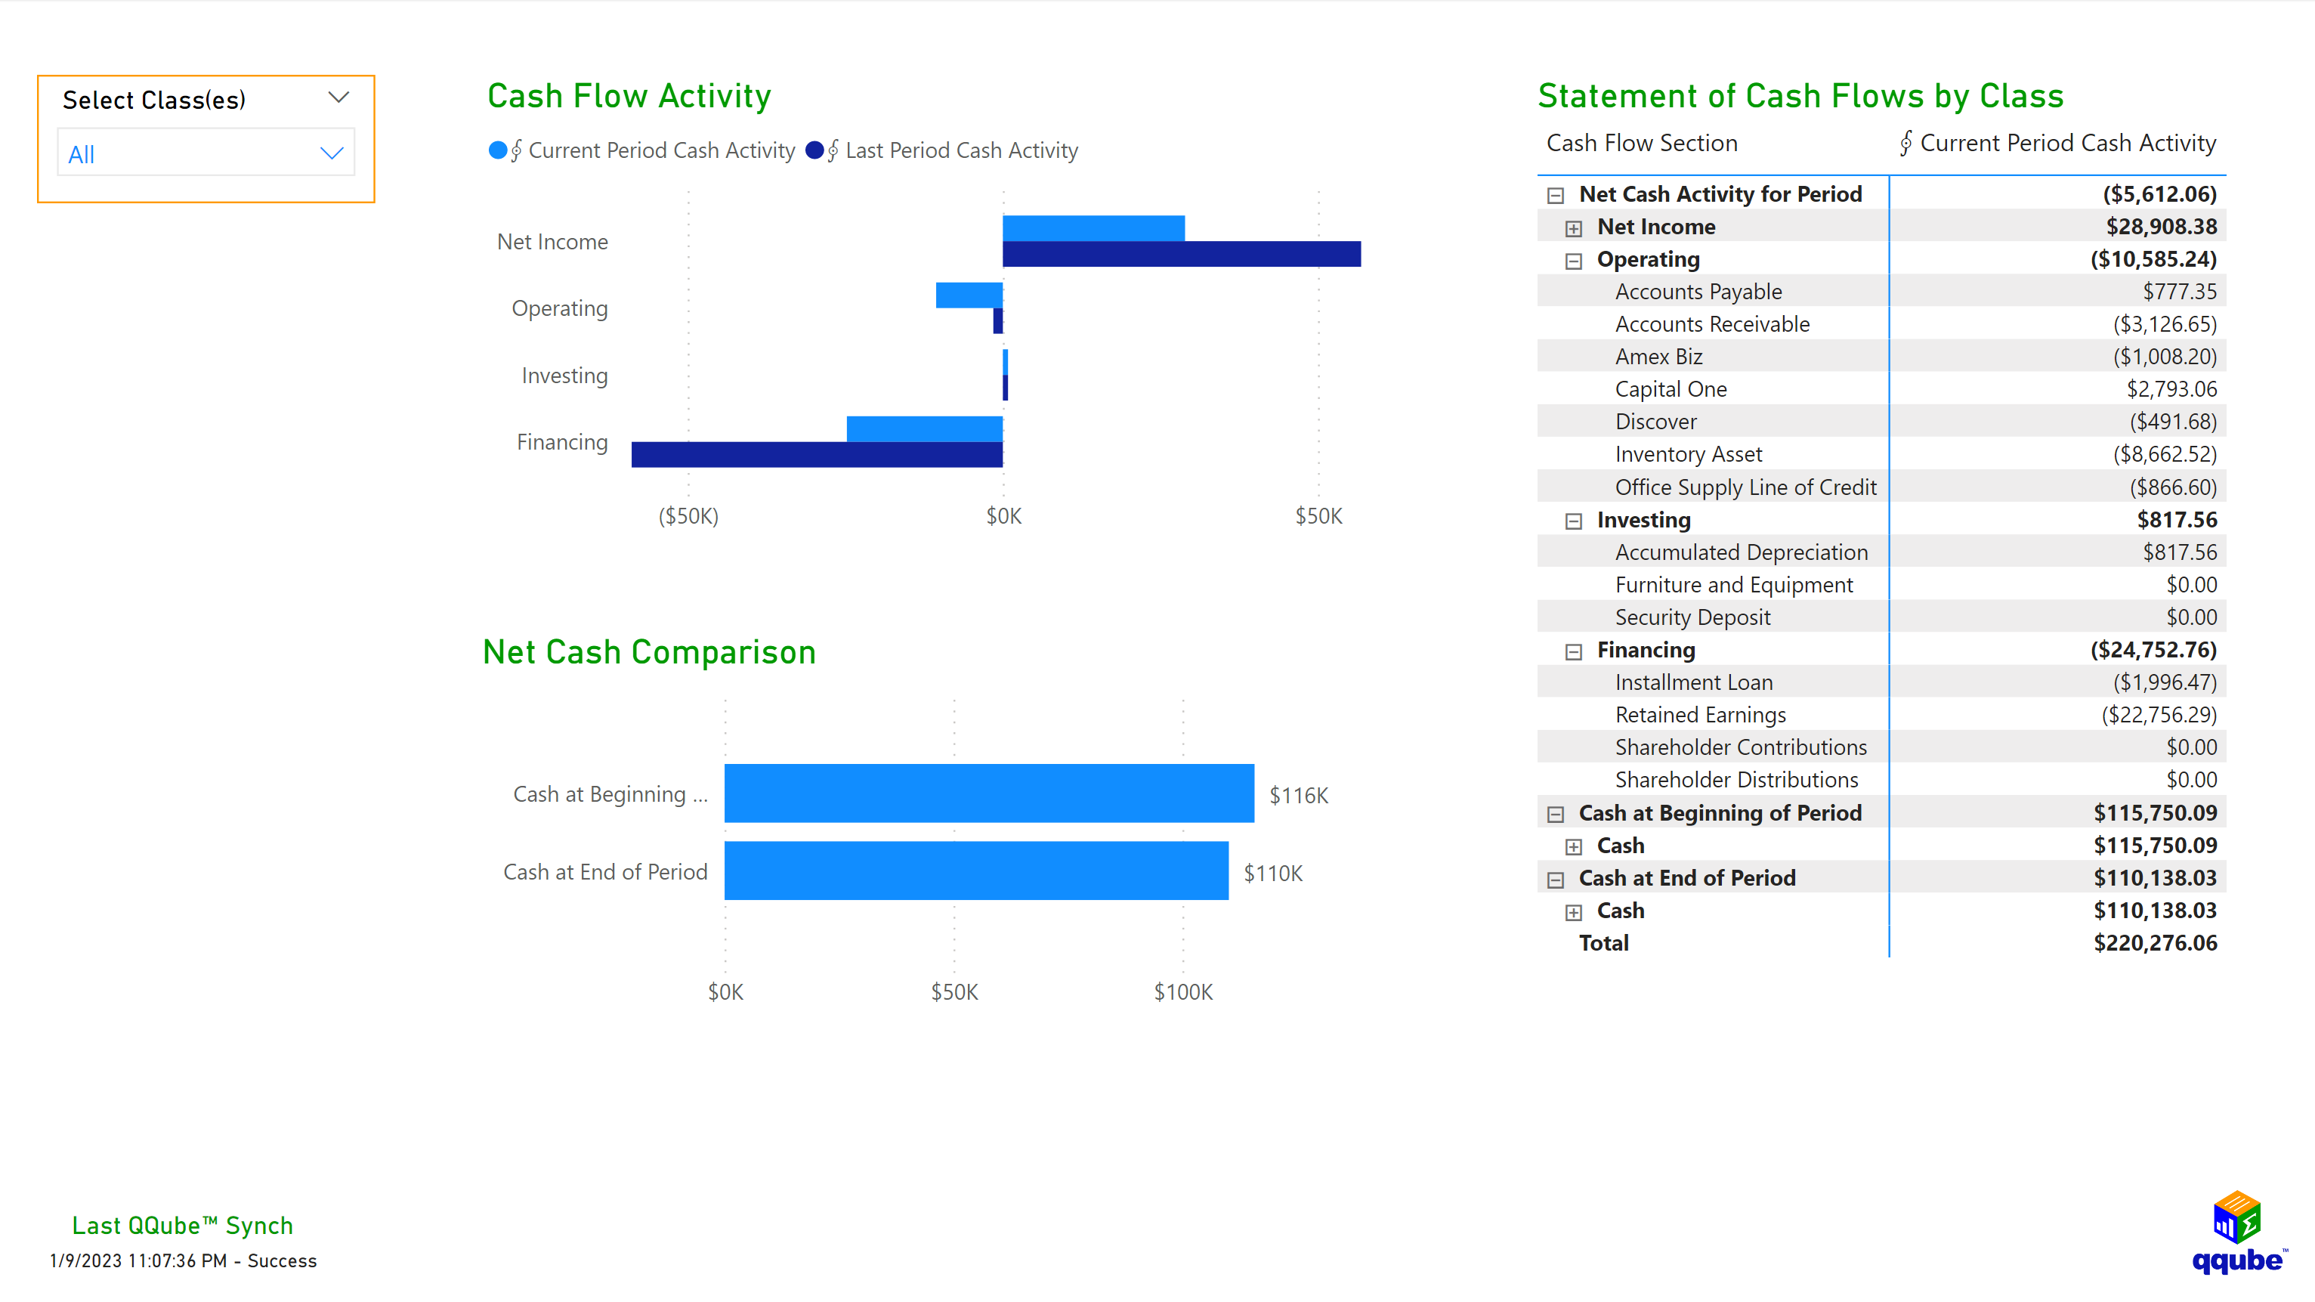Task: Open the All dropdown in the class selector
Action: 206,153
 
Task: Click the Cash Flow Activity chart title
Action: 629,96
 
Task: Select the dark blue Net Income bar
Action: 1181,255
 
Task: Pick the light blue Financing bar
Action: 924,428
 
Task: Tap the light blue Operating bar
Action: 969,295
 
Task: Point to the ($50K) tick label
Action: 688,516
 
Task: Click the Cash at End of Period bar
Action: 976,871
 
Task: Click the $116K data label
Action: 1298,795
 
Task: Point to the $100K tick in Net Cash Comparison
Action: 1182,992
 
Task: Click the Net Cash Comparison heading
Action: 649,652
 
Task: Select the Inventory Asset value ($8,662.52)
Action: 2164,455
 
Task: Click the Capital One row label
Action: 1671,389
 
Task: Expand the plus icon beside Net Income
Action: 1574,228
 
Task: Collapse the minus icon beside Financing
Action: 1574,651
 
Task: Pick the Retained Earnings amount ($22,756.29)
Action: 2159,716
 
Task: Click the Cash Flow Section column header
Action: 1642,143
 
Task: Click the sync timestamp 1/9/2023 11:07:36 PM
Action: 138,1260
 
